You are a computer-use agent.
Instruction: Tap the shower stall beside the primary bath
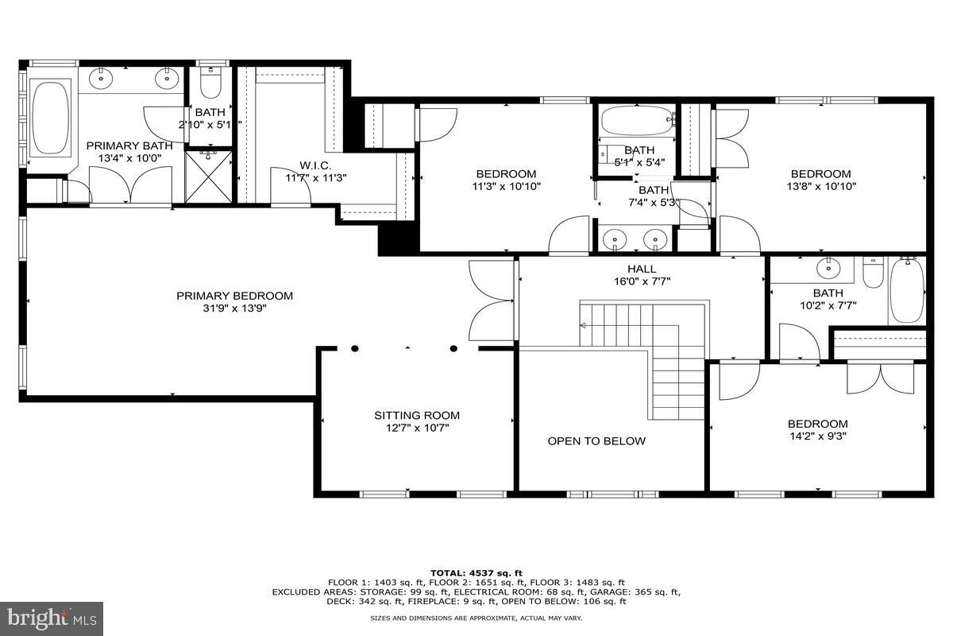[x=209, y=176]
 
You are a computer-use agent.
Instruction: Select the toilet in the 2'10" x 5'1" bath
[x=211, y=83]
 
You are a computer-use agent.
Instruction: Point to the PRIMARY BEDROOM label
[x=234, y=296]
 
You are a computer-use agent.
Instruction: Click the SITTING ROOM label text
[x=417, y=415]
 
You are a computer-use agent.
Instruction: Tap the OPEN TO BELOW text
[x=596, y=441]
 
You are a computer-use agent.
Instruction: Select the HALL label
[x=641, y=270]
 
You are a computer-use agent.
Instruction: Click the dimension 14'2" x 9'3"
[x=817, y=436]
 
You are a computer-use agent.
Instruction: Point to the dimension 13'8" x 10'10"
[x=820, y=187]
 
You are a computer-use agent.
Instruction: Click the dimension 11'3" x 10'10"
[x=506, y=187]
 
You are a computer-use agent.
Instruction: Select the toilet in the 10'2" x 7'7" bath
[x=872, y=273]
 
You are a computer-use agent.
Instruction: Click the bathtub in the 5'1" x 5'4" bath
[x=636, y=122]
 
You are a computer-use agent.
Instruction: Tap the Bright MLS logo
[x=52, y=616]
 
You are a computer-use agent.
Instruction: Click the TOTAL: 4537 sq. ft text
[x=476, y=572]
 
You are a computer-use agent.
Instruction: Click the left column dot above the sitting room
[x=355, y=348]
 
